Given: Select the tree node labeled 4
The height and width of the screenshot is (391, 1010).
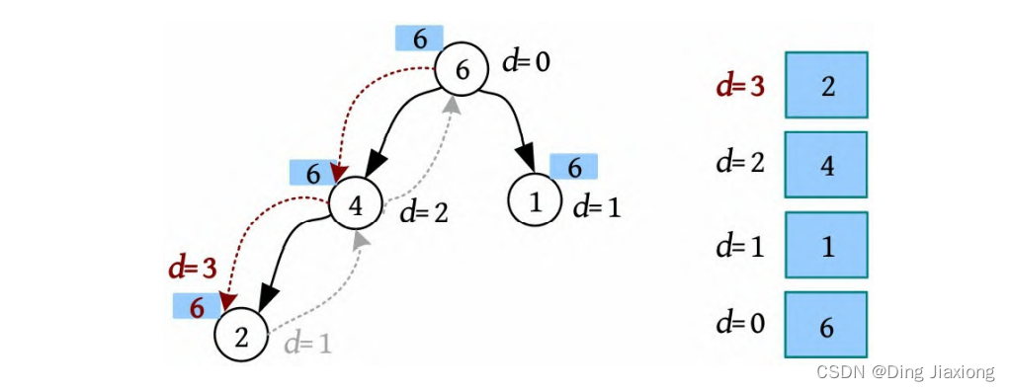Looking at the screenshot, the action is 356,205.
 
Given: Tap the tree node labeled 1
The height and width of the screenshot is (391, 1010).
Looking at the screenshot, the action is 534,201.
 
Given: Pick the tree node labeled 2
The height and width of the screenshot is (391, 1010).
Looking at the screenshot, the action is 241,337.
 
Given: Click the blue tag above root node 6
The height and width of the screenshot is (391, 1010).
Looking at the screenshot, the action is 419,38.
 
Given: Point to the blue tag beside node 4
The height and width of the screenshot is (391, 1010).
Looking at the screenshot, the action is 313,173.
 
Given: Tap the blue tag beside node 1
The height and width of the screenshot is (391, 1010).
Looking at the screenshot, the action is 574,167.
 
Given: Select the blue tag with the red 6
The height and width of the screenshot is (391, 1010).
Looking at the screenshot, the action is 197,306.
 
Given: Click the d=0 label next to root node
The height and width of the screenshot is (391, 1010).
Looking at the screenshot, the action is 527,63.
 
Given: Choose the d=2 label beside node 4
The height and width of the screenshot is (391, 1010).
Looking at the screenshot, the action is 423,212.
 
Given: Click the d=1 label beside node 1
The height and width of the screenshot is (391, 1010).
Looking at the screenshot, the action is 597,207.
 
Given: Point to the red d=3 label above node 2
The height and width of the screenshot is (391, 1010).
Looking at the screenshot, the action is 193,269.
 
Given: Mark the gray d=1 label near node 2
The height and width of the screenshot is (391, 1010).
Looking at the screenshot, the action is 308,345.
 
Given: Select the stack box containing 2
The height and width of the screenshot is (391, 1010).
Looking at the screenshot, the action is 826,85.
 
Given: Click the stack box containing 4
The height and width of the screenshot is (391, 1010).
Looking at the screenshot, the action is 826,165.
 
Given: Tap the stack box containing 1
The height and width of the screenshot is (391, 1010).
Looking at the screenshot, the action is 826,245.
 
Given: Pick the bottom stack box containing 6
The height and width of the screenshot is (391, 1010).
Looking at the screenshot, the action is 826,324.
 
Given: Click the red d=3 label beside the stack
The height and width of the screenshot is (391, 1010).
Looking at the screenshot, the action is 741,86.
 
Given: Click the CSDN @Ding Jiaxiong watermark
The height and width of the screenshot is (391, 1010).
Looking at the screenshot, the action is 905,371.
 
